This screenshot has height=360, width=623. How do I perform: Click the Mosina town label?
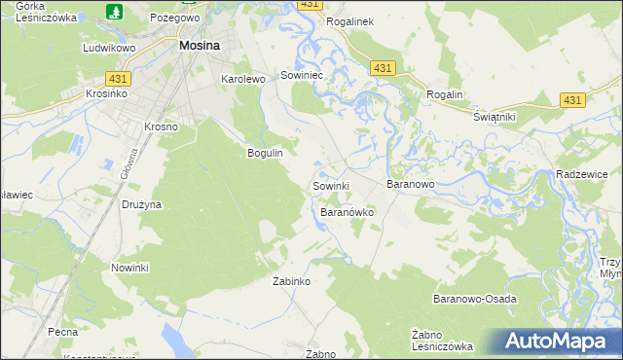coord(199,45)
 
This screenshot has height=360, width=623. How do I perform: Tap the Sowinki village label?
coord(331,185)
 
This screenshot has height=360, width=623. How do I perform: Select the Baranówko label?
coord(348,211)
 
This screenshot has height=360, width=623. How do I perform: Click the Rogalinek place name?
coord(351,20)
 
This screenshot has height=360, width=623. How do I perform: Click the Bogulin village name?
coord(265,154)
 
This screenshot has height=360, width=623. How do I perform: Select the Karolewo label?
coord(243,79)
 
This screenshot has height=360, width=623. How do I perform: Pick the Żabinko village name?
coord(290,281)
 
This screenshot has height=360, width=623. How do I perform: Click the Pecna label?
coord(62,332)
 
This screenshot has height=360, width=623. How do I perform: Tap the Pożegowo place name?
coord(173,18)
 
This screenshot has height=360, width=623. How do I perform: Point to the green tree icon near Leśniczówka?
coord(114,12)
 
